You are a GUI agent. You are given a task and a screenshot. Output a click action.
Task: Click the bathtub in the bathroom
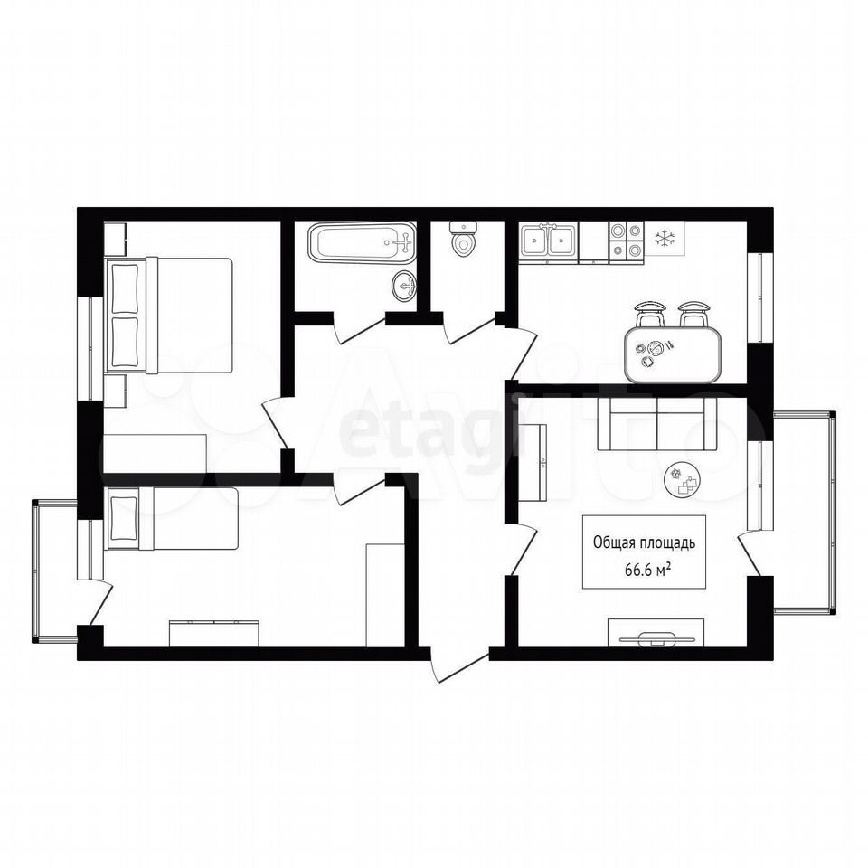point(362,242)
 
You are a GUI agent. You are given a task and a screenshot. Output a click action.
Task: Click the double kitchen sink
point(548,241)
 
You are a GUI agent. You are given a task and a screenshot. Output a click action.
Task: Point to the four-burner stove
point(626,241)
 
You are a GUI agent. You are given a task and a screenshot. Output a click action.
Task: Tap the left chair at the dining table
point(649,315)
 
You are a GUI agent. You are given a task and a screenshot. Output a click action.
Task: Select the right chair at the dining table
point(694,315)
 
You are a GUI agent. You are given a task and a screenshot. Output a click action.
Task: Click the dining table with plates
point(673,354)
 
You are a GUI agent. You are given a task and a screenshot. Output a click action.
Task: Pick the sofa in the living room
point(657,424)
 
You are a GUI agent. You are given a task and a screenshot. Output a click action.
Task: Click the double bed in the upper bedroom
point(169,316)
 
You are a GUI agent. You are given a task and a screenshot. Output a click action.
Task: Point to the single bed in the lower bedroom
point(172,519)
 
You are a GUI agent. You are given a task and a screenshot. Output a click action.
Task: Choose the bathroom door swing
point(359,329)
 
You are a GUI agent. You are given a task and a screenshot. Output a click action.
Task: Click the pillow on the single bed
point(123,517)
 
